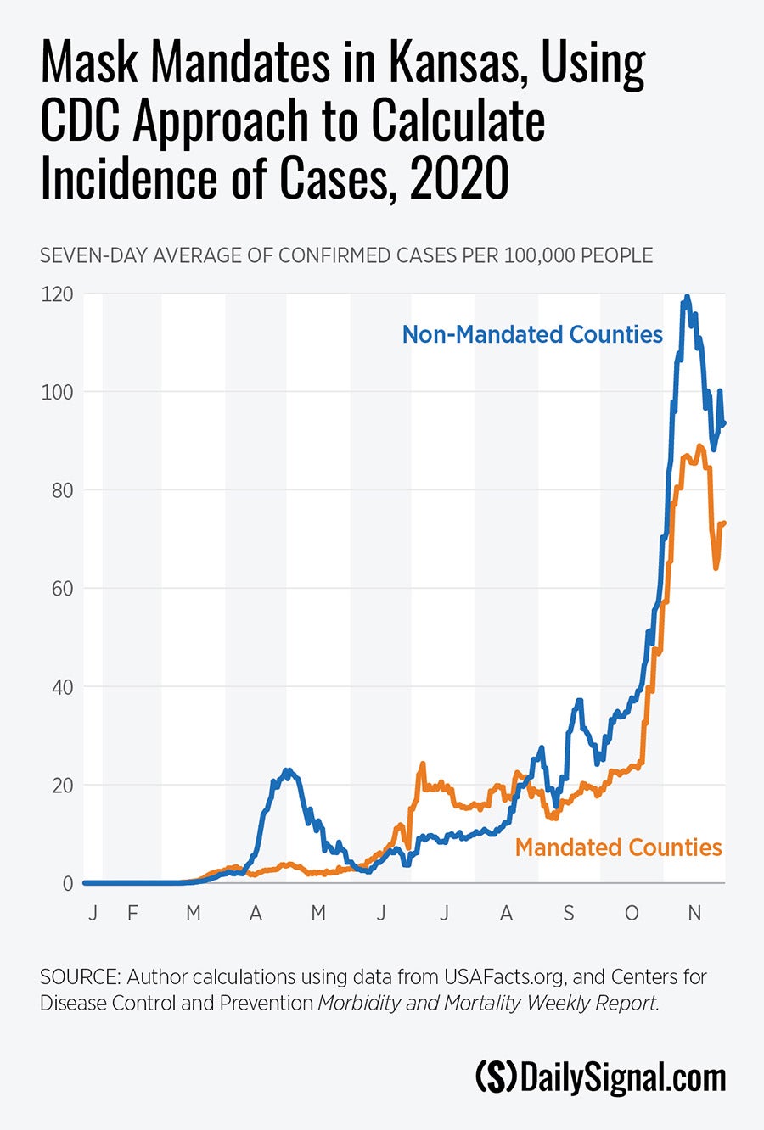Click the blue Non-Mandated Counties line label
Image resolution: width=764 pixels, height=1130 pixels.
point(532,334)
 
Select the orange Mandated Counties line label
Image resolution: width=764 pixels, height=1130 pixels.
point(618,847)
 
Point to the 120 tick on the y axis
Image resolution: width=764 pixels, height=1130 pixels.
point(57,294)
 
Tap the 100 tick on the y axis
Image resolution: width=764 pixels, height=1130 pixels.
point(57,392)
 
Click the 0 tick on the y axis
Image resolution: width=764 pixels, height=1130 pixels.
point(67,883)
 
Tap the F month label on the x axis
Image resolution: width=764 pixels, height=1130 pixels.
point(132,914)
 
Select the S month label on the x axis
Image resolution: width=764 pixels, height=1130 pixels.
point(569,914)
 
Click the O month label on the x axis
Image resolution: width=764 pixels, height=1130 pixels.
point(632,914)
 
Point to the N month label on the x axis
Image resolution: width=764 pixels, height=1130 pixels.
point(694,914)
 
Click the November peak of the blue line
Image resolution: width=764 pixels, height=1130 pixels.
point(687,298)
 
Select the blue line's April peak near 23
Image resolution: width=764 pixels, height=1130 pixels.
point(288,770)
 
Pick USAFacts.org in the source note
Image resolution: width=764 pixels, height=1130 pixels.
point(503,976)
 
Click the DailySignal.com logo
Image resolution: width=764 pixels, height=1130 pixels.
point(600,1077)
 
